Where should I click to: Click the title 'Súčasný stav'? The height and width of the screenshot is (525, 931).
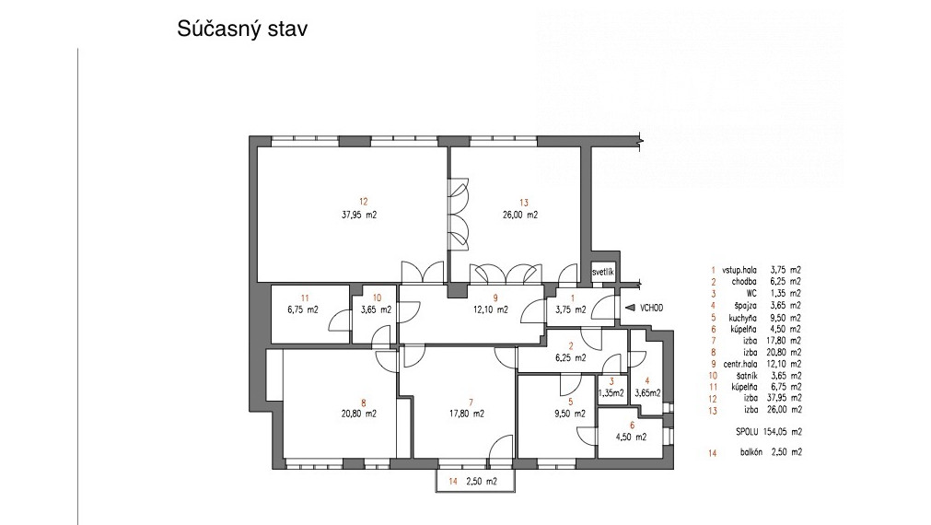[242, 29]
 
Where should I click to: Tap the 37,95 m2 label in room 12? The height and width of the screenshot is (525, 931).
[358, 215]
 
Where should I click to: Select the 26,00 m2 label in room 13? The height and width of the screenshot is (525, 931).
[520, 215]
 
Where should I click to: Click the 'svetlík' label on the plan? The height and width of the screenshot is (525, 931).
[603, 273]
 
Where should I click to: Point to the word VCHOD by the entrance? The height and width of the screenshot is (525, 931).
[651, 309]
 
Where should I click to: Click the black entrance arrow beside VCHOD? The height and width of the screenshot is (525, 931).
[631, 309]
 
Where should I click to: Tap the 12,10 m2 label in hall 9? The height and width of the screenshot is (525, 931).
[491, 309]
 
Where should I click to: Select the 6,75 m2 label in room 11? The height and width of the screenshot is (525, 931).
[303, 309]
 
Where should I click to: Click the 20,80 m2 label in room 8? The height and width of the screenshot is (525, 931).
[358, 414]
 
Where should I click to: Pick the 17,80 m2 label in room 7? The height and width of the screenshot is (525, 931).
[466, 414]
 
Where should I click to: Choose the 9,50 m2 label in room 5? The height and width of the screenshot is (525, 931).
[570, 414]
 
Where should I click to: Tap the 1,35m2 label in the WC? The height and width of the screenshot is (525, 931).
[611, 393]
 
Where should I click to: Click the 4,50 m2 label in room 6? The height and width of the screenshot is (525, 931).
[632, 437]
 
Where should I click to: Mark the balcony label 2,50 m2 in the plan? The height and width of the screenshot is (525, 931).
[481, 482]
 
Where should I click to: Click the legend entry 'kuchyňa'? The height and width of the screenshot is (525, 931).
[743, 318]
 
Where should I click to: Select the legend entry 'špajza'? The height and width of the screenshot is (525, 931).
[745, 305]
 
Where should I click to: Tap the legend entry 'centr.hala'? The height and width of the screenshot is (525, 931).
[739, 364]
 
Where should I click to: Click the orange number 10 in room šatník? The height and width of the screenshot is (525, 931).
[377, 298]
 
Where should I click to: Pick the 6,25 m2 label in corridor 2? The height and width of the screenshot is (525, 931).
[570, 358]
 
